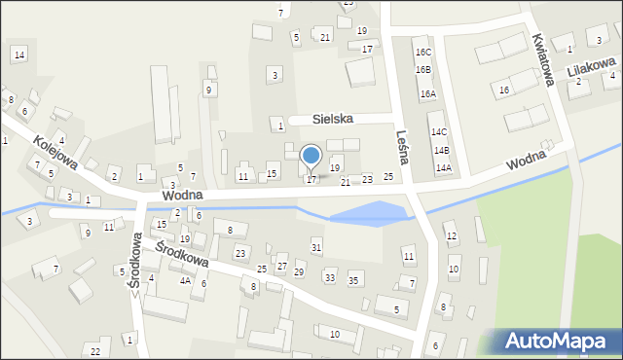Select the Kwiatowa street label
[x=542, y=60]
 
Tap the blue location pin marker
[x=311, y=156]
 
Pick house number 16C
[x=422, y=53]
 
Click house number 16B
[x=422, y=70]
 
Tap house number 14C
[x=439, y=131]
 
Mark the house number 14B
[x=441, y=150]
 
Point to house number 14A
[x=444, y=168]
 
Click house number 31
[x=315, y=247]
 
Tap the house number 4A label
[x=184, y=280]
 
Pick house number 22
[x=94, y=350]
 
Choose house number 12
[x=451, y=235]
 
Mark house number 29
[x=299, y=271]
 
